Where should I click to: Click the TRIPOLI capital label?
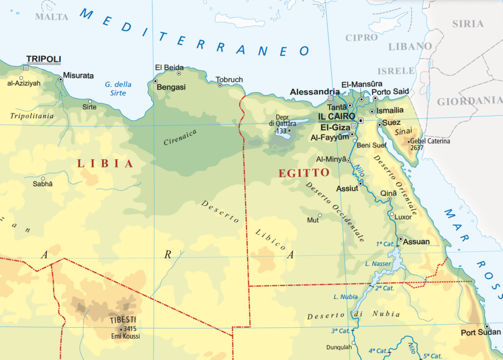click(x=43, y=59)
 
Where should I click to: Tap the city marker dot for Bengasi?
click(x=155, y=81)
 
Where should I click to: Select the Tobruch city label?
click(x=229, y=80)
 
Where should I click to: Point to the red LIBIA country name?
click(x=105, y=164)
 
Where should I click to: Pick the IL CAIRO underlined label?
click(x=336, y=116)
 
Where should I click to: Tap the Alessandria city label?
click(x=315, y=92)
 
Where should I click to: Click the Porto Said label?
click(x=390, y=92)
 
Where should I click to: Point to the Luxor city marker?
click(x=391, y=214)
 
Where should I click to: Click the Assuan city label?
click(x=416, y=242)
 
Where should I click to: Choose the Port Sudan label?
click(x=481, y=332)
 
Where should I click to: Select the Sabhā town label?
click(x=42, y=184)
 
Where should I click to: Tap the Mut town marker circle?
click(x=320, y=215)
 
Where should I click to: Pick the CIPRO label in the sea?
click(x=362, y=37)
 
